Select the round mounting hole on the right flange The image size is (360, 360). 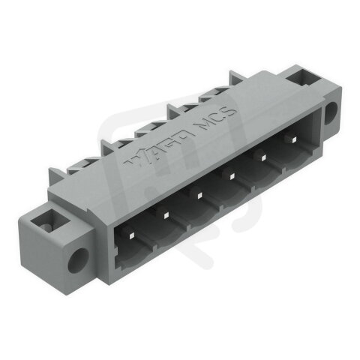pos(331,113)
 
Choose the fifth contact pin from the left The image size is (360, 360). pos(264,157)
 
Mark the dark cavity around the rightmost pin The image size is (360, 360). pos(296,154)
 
